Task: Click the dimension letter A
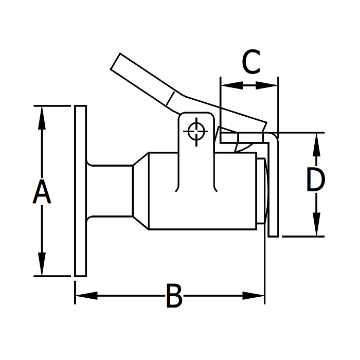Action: pos(42,191)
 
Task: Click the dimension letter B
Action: pos(174,297)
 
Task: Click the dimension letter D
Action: pos(315,180)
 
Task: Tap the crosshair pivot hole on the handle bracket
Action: pos(196,131)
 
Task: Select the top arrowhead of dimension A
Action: pos(42,113)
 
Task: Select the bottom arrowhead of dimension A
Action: pos(42,268)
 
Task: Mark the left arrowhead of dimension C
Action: pos(226,85)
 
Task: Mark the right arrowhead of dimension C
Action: pos(272,85)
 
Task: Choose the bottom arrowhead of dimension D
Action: pos(315,229)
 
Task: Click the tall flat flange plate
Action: pos(80,190)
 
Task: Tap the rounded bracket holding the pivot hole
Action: pos(196,121)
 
